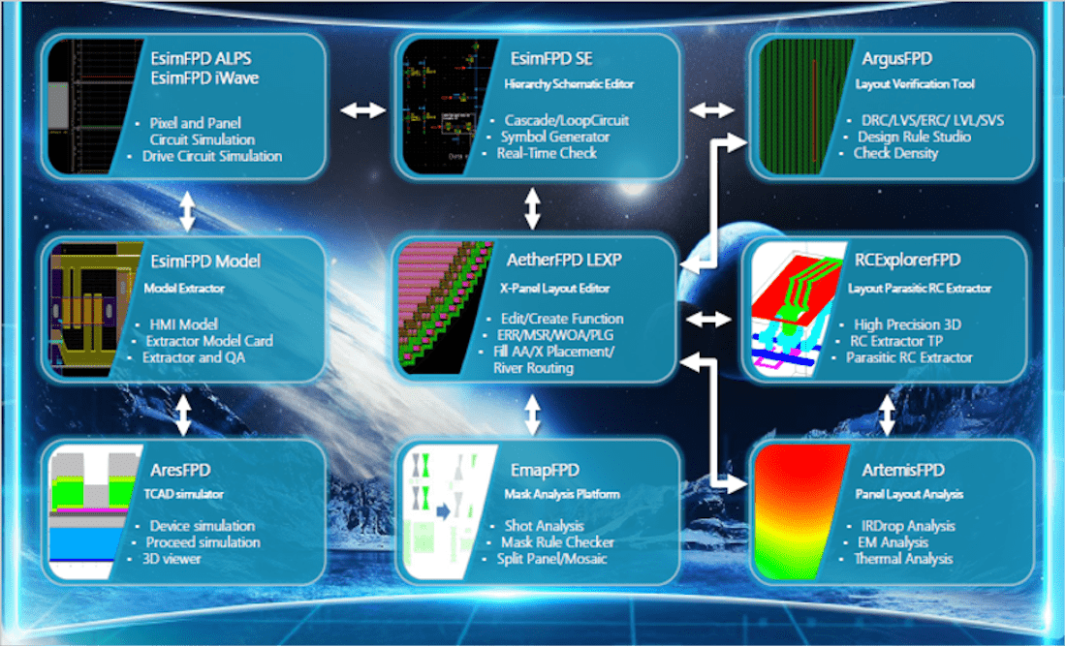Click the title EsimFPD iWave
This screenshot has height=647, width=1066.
pos(204,78)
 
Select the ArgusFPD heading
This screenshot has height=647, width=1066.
pos(896,59)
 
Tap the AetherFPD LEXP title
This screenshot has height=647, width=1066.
pos(564,261)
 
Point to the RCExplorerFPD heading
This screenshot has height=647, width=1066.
pos(908,261)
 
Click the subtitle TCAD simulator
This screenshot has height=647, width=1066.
pos(183,494)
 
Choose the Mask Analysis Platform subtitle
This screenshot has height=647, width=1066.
pos(561,494)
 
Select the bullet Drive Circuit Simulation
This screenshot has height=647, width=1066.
pos(212,156)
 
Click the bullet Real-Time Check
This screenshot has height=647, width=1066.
pos(547,154)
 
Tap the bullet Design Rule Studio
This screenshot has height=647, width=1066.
pos(914,138)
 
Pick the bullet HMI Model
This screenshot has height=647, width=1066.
pos(183,324)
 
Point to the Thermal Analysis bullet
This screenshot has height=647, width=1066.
pos(903,559)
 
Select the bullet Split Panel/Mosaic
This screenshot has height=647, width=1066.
pos(552,559)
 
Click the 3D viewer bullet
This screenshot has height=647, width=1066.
pos(172,559)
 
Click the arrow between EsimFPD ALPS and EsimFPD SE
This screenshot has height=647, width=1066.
pos(363,110)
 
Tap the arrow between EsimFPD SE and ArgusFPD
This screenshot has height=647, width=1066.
pos(712,110)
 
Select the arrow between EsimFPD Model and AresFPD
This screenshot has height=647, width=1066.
pos(183,416)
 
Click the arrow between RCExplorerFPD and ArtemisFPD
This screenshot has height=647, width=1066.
pos(887,416)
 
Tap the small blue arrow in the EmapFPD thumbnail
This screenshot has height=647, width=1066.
pos(443,511)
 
